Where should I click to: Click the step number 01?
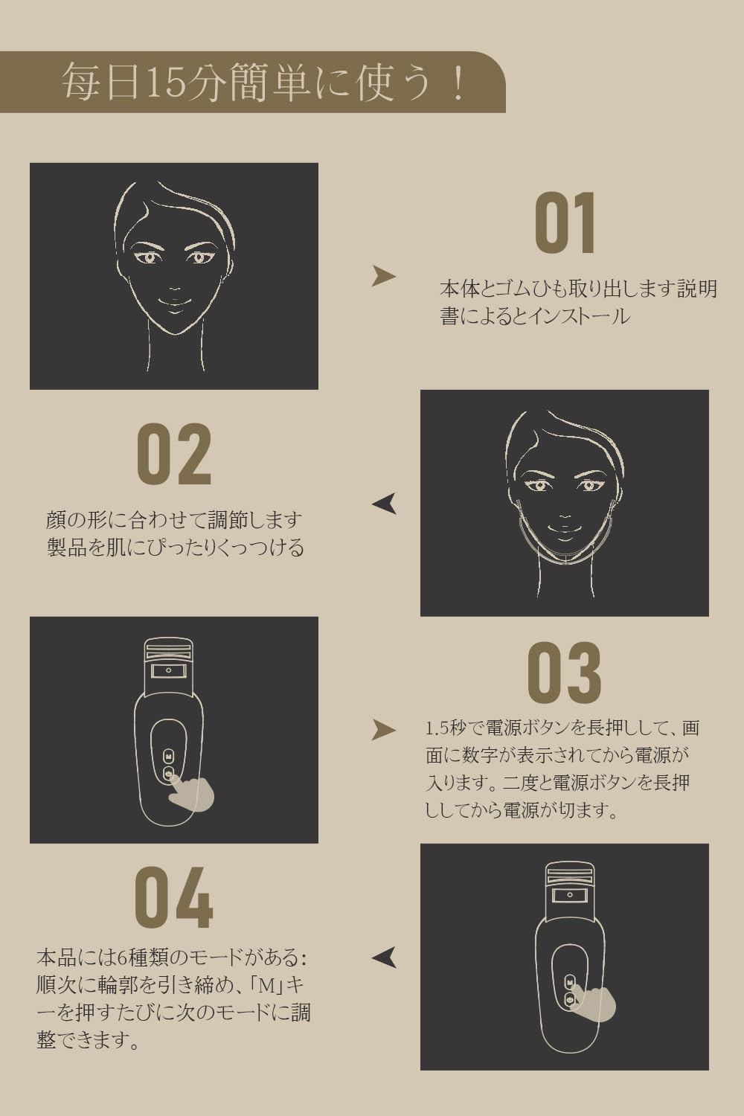click(565, 224)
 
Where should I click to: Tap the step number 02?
click(175, 455)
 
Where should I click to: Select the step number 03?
click(564, 673)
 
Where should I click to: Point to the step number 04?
click(174, 898)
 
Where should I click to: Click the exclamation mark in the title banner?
click(458, 83)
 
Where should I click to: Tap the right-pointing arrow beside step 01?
click(383, 276)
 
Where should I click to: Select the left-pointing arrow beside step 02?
click(384, 504)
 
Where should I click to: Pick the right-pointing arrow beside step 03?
click(383, 730)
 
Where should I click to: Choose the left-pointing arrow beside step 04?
click(384, 958)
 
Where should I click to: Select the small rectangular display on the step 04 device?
click(570, 896)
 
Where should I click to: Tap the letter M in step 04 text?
click(265, 985)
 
